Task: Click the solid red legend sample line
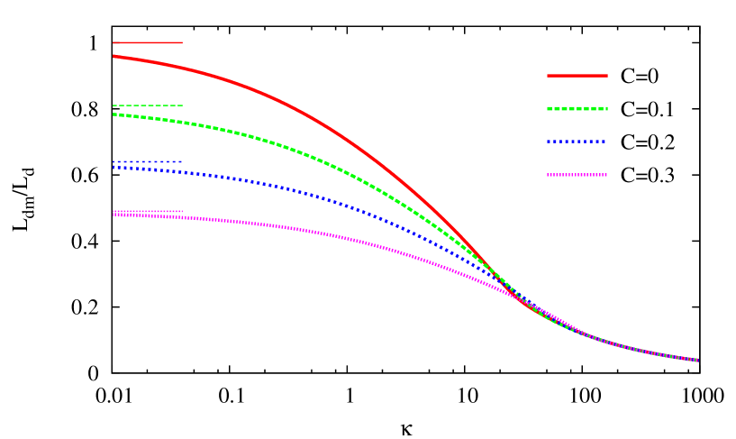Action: (x=577, y=76)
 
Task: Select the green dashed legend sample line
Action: (x=577, y=108)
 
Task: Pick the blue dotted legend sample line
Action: (x=577, y=142)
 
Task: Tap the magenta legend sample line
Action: (x=577, y=175)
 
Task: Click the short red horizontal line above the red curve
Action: (x=148, y=42)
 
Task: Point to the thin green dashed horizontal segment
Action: (x=148, y=105)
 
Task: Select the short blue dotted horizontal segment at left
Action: (x=148, y=162)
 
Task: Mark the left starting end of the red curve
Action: (x=114, y=56)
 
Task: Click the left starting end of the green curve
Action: (x=114, y=114)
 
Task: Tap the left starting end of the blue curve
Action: (x=114, y=168)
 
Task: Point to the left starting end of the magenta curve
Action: (x=114, y=215)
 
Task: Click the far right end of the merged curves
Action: (x=697, y=360)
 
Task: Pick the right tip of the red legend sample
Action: (x=607, y=76)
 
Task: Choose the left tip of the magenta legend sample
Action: (x=548, y=175)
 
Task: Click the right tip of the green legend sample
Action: (x=607, y=108)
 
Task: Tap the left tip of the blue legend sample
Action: (x=548, y=142)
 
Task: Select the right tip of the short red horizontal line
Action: (x=182, y=42)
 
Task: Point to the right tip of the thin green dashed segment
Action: (x=182, y=105)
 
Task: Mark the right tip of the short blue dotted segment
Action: (x=182, y=162)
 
